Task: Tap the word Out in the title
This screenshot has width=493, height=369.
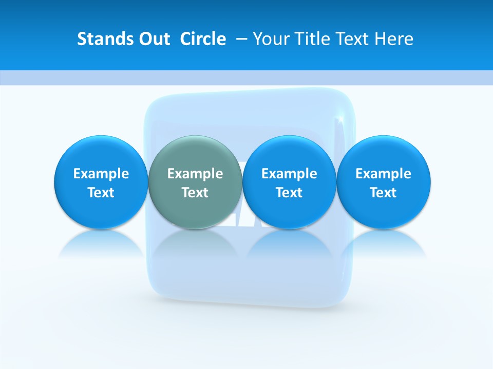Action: tap(153, 39)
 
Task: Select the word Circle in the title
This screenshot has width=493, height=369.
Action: tap(203, 39)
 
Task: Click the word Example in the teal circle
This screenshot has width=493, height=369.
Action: tap(195, 174)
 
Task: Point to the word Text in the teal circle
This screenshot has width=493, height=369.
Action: tap(195, 193)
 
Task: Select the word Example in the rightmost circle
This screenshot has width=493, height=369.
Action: tap(383, 174)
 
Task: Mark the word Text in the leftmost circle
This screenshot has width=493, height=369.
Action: tap(101, 193)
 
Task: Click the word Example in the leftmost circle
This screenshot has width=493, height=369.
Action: tap(101, 174)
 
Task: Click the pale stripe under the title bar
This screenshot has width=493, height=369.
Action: tap(246, 77)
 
